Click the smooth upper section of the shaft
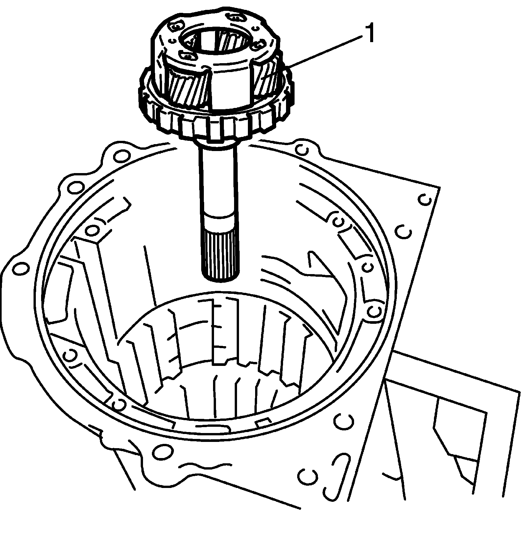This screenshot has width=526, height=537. tap(218, 181)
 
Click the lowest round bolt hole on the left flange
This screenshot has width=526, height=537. tap(21, 269)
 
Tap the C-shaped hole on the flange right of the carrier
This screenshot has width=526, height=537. tap(302, 150)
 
